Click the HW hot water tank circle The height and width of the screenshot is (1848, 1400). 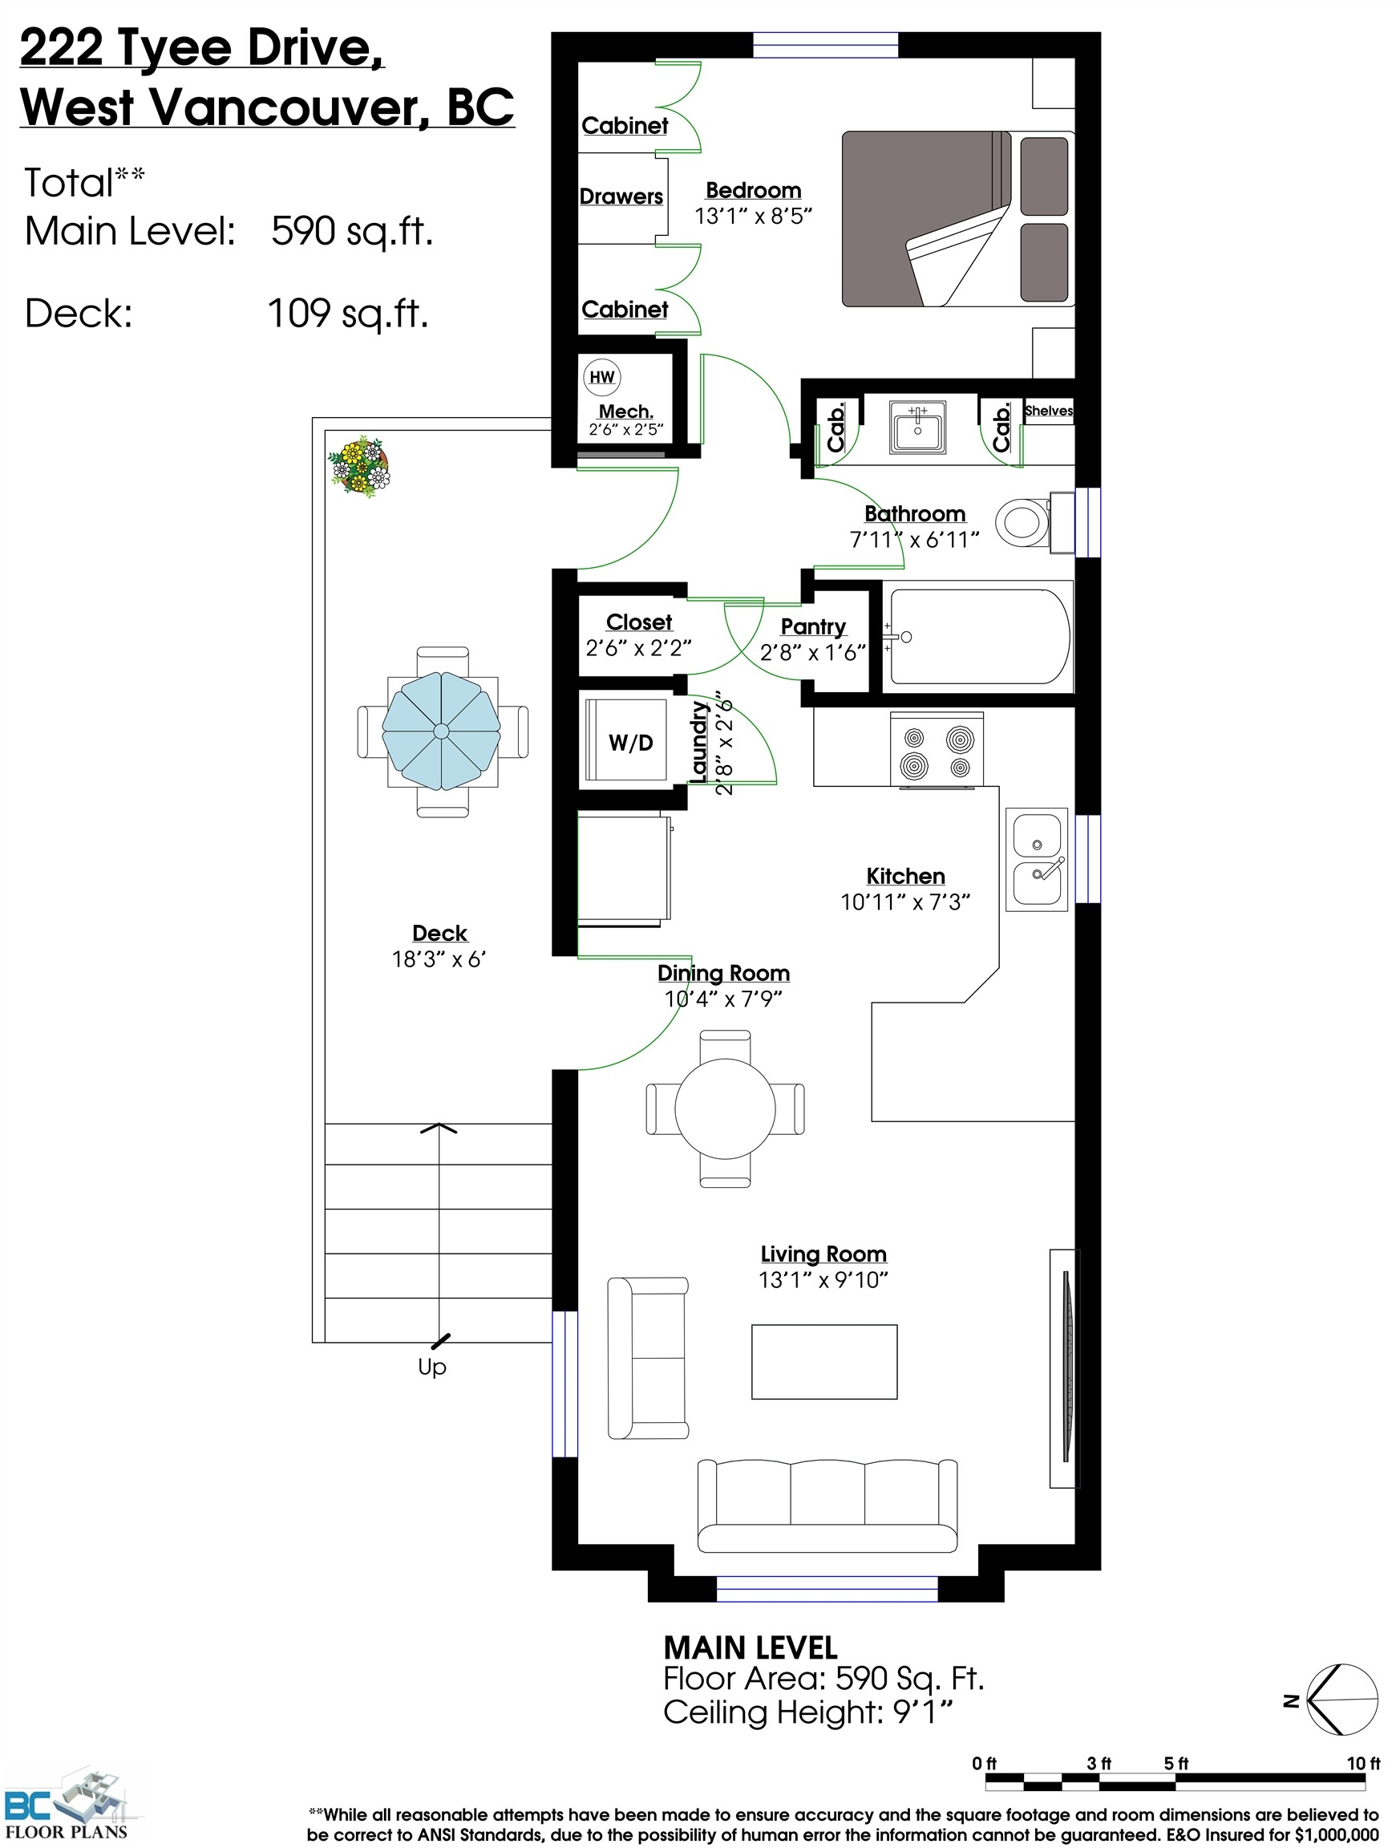[601, 377]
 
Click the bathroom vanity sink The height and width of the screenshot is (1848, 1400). [917, 428]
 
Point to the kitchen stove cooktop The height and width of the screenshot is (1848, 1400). [937, 749]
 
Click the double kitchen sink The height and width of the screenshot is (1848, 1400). [1037, 859]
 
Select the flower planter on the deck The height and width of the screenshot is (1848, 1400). [360, 467]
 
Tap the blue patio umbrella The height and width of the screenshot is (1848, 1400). [441, 731]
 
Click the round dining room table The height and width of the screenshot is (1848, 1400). [725, 1108]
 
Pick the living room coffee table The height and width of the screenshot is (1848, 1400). [823, 1362]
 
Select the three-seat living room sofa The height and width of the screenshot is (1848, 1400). [827, 1506]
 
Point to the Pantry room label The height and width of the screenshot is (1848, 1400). [813, 626]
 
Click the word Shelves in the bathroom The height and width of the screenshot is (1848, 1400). [1048, 410]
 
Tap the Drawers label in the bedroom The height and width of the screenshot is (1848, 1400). [621, 197]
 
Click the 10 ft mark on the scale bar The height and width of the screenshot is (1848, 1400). [1362, 1764]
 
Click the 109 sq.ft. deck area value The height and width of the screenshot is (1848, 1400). [347, 314]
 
